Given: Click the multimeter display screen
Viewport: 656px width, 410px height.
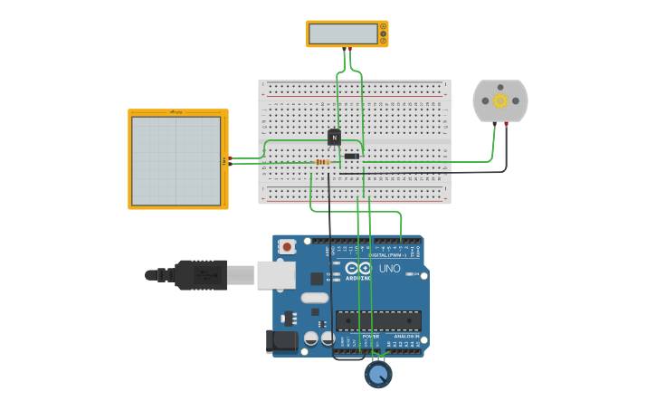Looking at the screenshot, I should [343, 33].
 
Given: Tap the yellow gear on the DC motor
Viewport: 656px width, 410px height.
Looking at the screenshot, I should [500, 100].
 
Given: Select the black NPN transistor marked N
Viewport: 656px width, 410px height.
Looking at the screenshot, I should [334, 138].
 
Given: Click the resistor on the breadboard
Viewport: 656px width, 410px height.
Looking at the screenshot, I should [323, 162].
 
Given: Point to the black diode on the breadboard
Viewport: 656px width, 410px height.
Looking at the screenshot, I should [352, 156].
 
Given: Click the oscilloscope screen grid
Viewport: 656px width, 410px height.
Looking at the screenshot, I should [176, 160].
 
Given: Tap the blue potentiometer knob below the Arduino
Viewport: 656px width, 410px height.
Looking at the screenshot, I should [378, 373].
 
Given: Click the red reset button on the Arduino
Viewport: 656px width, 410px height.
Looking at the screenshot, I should [287, 246].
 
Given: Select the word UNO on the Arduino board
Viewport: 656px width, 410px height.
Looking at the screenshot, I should [389, 269].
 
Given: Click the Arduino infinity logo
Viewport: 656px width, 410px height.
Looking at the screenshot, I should [358, 268].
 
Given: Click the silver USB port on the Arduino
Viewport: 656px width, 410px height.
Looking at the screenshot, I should [276, 274].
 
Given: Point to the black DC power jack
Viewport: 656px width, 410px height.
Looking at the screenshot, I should [282, 340].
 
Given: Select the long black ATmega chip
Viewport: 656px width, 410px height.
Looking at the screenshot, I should [378, 319].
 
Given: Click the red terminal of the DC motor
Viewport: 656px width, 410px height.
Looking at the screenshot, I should [507, 124].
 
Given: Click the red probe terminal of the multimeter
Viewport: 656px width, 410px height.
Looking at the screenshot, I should [349, 48].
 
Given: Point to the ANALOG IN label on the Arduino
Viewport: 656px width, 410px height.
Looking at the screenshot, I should [405, 336].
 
